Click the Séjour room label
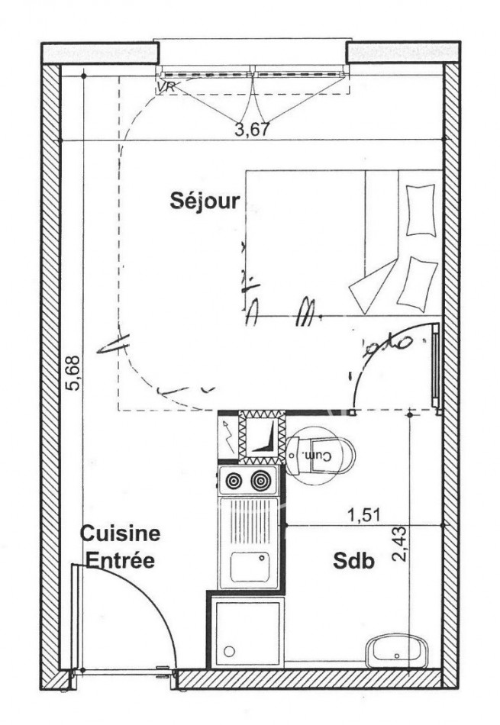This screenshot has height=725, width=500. tap(205, 201)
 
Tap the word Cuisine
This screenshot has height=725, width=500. tap(121, 533)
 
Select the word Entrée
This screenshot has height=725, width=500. tap(120, 561)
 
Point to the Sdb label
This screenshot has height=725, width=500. tap(353, 562)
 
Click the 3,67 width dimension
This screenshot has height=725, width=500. tap(252, 129)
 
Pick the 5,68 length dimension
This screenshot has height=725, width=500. tap(73, 373)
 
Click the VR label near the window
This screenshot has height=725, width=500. tap(166, 87)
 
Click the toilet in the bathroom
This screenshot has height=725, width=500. tap(321, 456)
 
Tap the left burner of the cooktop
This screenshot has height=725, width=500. tap(232, 481)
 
